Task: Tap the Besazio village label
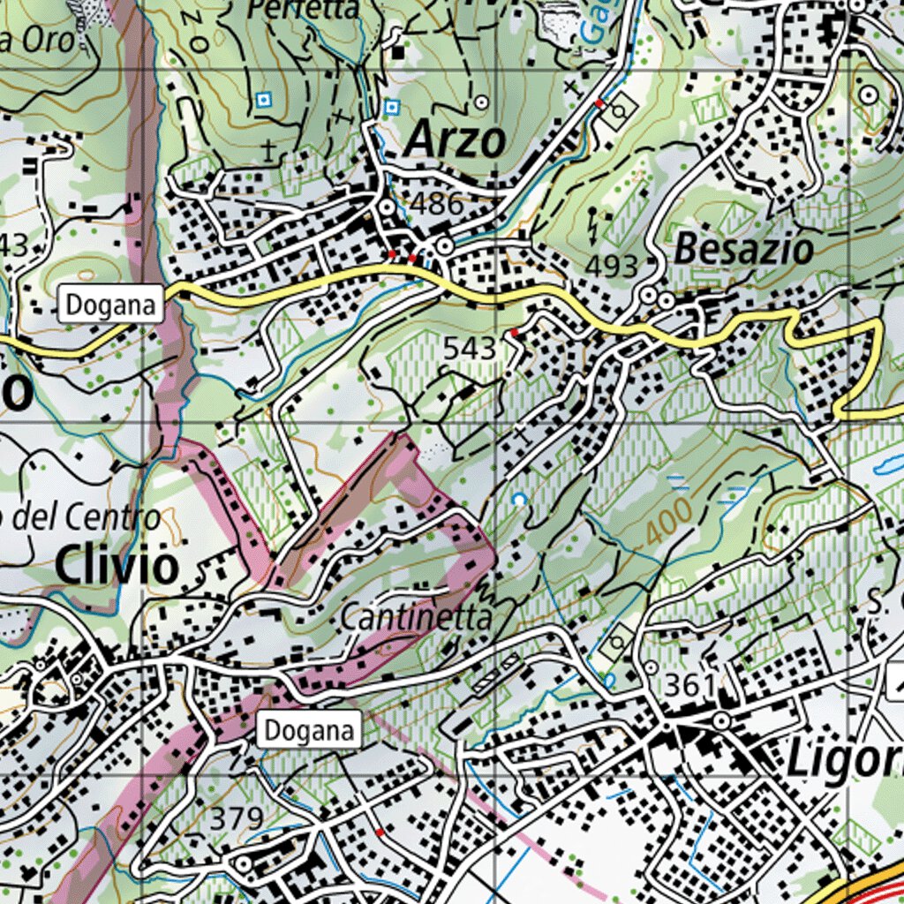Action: click(743, 250)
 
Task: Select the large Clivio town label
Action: click(117, 566)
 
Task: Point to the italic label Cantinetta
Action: click(415, 618)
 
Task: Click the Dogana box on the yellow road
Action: click(111, 305)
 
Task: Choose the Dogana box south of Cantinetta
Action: click(309, 730)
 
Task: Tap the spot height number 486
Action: click(438, 204)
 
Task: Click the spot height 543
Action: click(470, 349)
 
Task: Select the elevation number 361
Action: click(690, 685)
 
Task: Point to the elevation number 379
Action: click(237, 818)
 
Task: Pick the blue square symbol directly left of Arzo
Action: click(392, 108)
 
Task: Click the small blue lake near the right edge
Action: click(885, 465)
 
